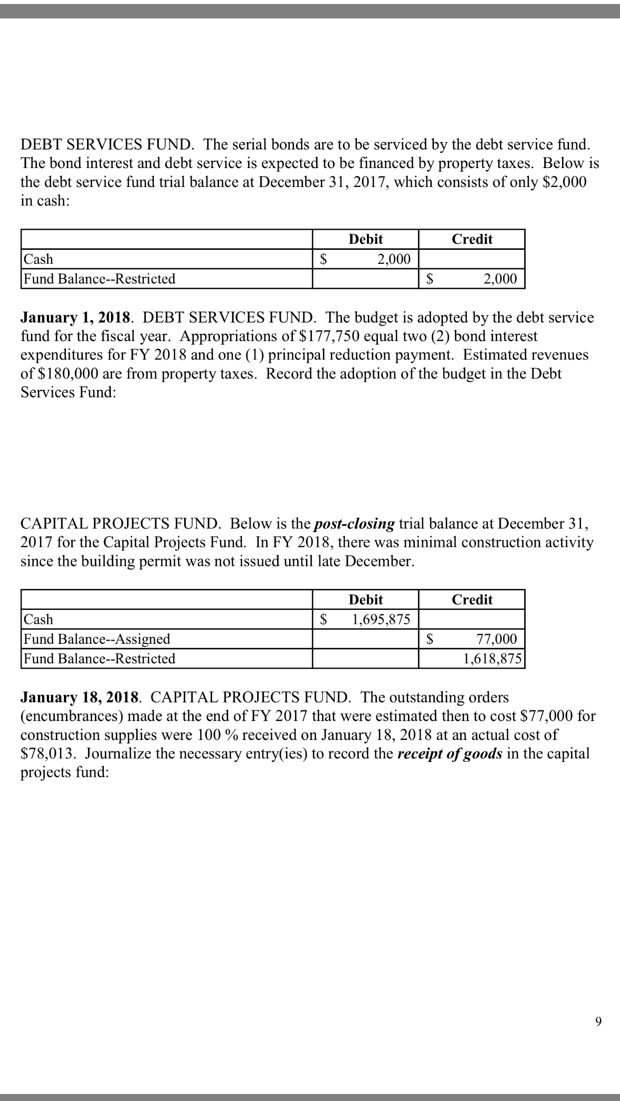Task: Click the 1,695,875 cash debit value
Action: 381,619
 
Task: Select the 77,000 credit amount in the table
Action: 496,639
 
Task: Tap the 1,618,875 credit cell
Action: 492,659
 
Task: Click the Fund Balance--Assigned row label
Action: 97,639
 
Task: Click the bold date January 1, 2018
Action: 75,318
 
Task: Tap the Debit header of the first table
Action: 365,239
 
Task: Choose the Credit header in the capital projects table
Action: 472,600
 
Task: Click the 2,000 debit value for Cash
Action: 394,259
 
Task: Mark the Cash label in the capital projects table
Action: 39,619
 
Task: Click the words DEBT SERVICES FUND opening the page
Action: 105,145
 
